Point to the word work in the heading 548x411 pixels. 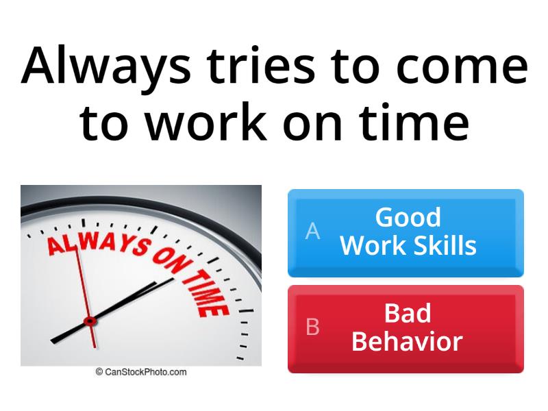(x=195, y=123)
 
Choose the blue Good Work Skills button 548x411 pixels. (x=406, y=233)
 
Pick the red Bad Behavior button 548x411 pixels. (x=406, y=329)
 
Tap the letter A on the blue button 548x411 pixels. (x=312, y=232)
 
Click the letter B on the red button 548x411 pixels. (x=312, y=327)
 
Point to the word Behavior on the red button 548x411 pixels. (x=408, y=341)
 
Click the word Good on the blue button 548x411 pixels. (x=408, y=218)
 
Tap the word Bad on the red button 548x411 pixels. (x=408, y=314)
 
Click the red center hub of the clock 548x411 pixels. (x=88, y=321)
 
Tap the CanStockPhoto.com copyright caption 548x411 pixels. (x=140, y=372)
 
